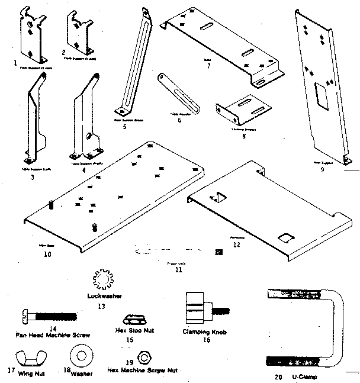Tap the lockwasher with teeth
click(102, 278)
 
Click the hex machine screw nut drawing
click(143, 358)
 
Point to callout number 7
click(208, 66)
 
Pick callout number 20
click(278, 376)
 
